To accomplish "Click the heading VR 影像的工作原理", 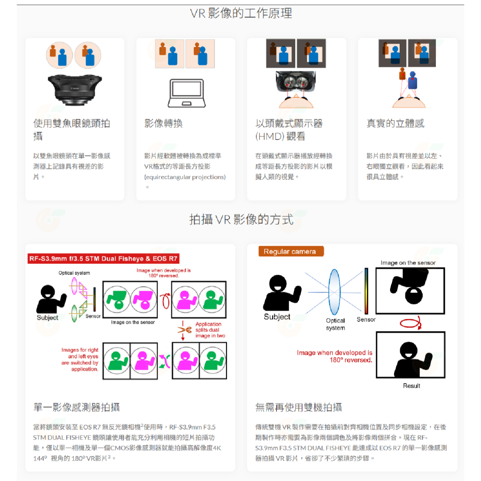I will point(240,13).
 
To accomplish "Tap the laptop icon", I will point(185,93).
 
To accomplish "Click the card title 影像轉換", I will point(164,124).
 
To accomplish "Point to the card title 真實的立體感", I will point(395,124).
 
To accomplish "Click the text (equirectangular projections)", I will point(185,177).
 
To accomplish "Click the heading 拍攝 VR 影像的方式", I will point(240,220).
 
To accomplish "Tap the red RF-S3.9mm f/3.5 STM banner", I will point(103,259).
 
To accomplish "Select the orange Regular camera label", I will point(291,252).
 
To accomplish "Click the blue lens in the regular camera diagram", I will point(334,292).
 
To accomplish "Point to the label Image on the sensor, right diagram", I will point(408,263).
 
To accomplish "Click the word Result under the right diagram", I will point(411,386).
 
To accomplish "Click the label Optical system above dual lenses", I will point(74,273).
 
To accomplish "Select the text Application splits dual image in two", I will point(209,330).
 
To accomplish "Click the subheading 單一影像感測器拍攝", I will point(76,407).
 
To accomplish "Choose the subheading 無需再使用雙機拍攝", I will point(298,407).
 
